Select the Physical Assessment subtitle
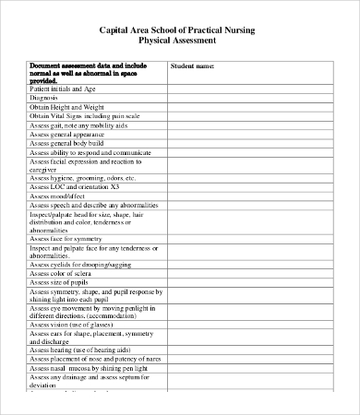(x=177, y=41)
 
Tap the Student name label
(x=192, y=66)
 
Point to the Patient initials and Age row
(x=63, y=89)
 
